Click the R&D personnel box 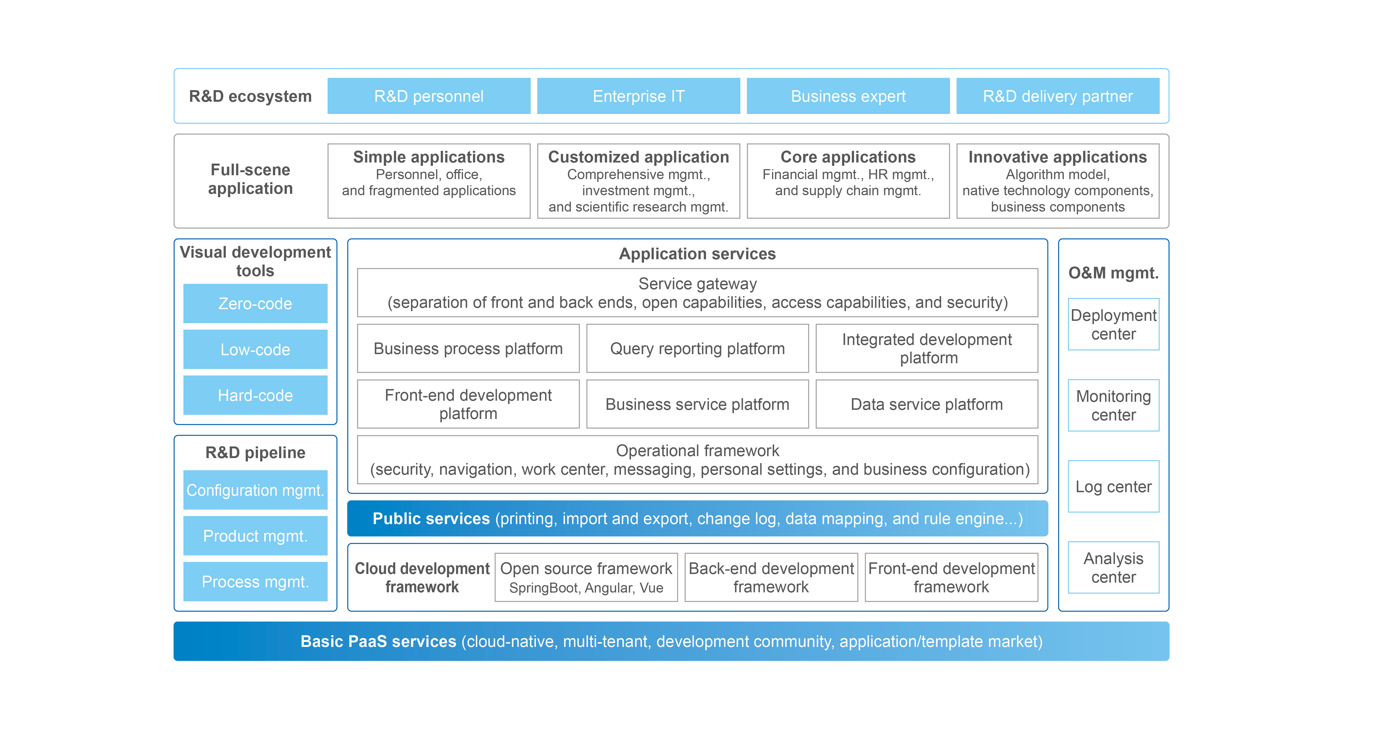(x=429, y=96)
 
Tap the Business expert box (x=848, y=96)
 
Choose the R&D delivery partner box (x=1058, y=96)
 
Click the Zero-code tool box (x=255, y=303)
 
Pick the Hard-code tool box (x=255, y=395)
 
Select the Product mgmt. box (x=255, y=536)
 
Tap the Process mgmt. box (x=255, y=581)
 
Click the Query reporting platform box (x=698, y=349)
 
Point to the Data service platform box (x=927, y=404)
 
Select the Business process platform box (x=468, y=349)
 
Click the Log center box (x=1114, y=487)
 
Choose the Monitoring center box (x=1114, y=405)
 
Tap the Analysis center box (x=1114, y=568)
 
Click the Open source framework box (x=587, y=577)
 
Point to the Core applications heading (x=848, y=157)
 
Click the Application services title (x=698, y=254)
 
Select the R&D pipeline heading (x=255, y=452)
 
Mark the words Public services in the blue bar (x=431, y=519)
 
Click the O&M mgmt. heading (x=1114, y=273)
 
